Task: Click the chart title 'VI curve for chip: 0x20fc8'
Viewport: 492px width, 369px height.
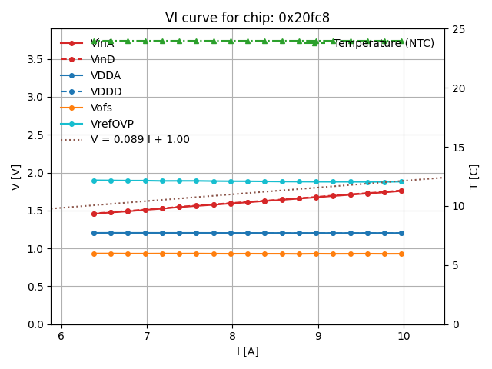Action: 247,18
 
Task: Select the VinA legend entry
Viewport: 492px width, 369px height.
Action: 102,43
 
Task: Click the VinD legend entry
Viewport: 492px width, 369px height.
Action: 102,59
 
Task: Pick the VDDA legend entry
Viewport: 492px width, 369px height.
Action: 105,75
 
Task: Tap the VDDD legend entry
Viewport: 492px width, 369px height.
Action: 106,91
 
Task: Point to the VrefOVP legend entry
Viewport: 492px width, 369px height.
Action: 111,124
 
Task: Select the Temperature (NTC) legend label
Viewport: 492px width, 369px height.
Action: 384,43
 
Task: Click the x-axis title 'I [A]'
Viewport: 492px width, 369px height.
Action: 247,351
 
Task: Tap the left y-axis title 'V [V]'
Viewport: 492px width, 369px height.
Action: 15,177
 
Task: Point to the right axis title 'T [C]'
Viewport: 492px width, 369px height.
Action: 474,177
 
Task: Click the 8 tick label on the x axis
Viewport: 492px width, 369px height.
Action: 232,336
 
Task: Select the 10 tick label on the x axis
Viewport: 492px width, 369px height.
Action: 404,336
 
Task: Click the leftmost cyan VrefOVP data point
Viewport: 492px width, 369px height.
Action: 94,181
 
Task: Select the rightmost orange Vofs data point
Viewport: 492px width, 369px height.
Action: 401,254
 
